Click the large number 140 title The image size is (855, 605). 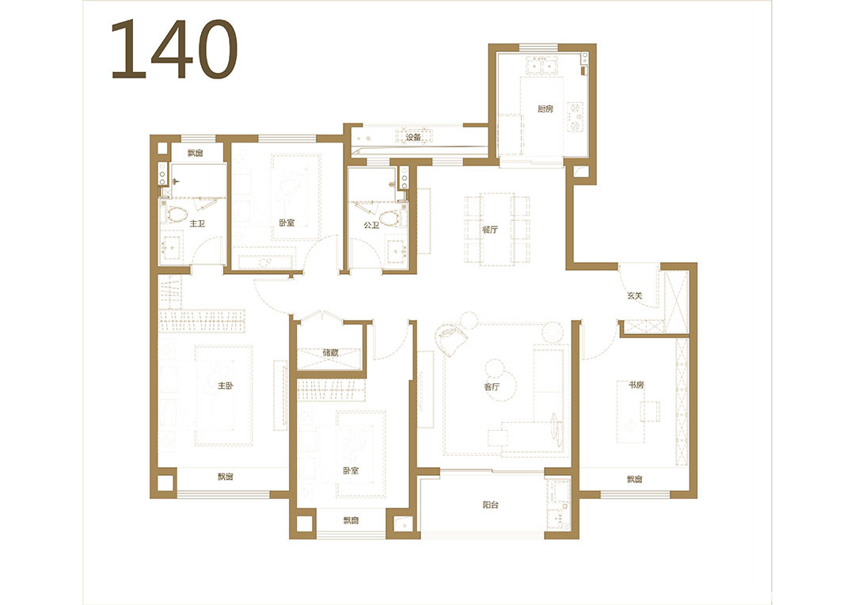pyautogui.click(x=174, y=49)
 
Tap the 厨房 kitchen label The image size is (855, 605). pyautogui.click(x=545, y=109)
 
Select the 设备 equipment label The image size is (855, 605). pyautogui.click(x=413, y=138)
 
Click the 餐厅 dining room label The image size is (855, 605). pyautogui.click(x=490, y=230)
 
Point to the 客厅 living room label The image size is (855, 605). pyautogui.click(x=492, y=386)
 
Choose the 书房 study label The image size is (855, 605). pyautogui.click(x=636, y=385)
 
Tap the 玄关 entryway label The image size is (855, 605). pyautogui.click(x=634, y=295)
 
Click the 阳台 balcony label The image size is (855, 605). pyautogui.click(x=490, y=505)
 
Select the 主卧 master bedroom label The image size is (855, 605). pyautogui.click(x=225, y=386)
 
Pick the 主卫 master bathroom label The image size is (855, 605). pyautogui.click(x=197, y=223)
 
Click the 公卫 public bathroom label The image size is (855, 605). pyautogui.click(x=371, y=225)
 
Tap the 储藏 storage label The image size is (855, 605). pyautogui.click(x=330, y=352)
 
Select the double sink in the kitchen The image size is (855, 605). pyautogui.click(x=541, y=67)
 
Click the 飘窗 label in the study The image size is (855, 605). pyautogui.click(x=634, y=480)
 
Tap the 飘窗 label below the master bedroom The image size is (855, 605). pyautogui.click(x=225, y=477)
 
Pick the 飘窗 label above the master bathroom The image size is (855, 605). pyautogui.click(x=196, y=154)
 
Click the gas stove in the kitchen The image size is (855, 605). pyautogui.click(x=576, y=116)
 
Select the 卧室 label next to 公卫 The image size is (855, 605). pyautogui.click(x=287, y=223)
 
